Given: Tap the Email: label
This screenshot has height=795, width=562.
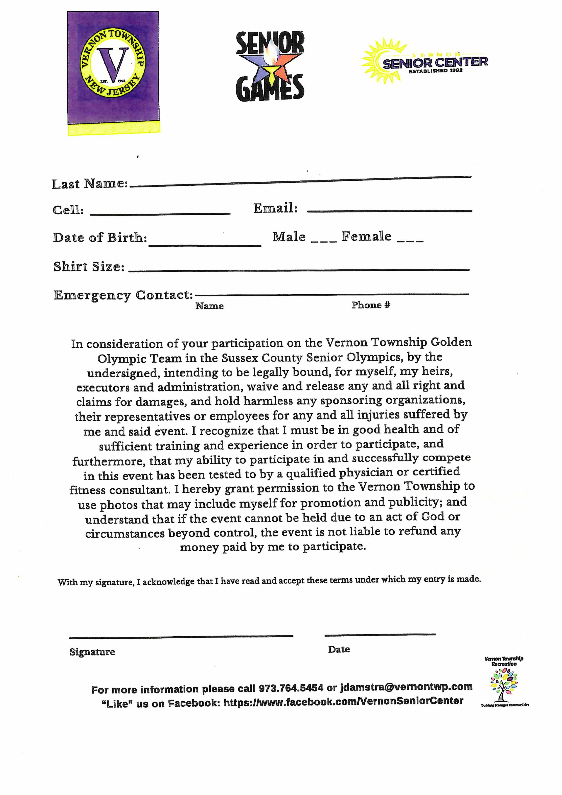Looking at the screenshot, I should (275, 208).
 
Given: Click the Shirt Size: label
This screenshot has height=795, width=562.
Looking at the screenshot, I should (89, 267).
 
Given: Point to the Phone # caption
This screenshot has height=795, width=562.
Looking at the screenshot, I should (371, 305).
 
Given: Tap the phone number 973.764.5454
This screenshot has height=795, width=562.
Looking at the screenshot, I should (291, 688).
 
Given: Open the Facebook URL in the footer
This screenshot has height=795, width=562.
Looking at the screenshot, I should (343, 701).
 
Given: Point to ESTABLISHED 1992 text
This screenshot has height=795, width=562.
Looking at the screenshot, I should (435, 71).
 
